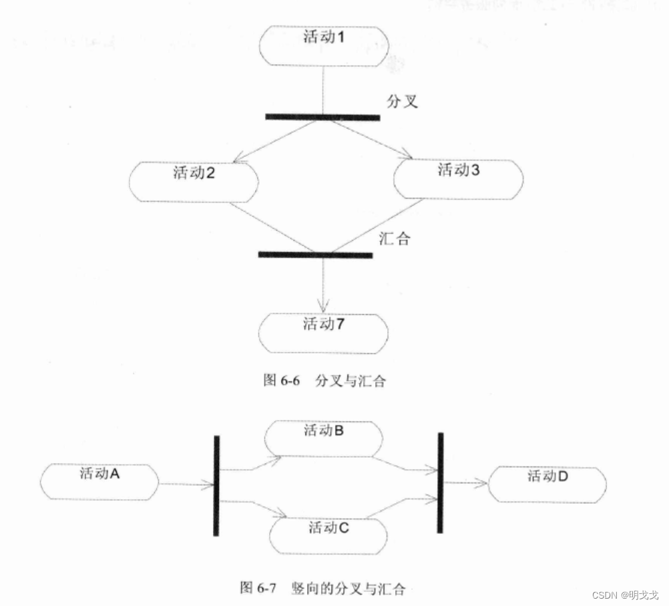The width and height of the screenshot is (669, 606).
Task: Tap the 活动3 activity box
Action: [458, 178]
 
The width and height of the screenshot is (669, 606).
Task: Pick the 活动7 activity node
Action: [324, 332]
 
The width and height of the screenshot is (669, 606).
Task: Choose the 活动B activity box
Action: [324, 438]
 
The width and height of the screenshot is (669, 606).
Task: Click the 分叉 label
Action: [403, 102]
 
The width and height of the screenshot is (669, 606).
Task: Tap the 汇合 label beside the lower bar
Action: [394, 239]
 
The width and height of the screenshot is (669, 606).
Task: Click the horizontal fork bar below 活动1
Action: [322, 118]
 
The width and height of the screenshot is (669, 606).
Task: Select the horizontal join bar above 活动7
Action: [315, 255]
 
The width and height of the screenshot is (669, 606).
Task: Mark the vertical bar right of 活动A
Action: [216, 486]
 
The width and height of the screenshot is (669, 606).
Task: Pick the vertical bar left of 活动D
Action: [440, 482]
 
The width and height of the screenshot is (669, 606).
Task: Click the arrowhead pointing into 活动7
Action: [323, 307]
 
